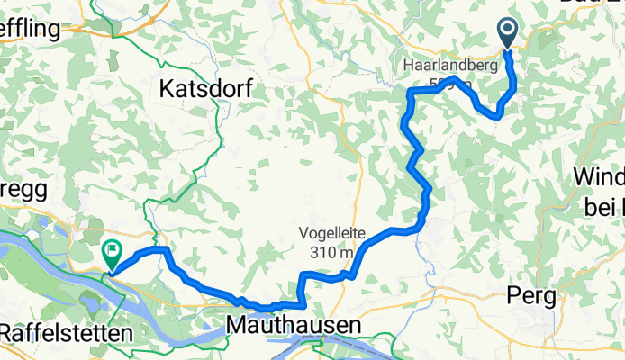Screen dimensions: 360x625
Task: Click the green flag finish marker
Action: coord(113,255)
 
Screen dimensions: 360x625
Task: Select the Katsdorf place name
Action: coord(204,88)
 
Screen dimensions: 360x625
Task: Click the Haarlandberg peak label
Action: coord(441,68)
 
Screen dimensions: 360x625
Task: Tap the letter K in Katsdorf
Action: coord(167,88)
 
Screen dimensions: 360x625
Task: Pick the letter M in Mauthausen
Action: coord(238,324)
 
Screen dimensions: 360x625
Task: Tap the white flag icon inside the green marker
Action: coord(113,252)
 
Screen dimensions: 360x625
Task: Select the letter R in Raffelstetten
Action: coord(6,332)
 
